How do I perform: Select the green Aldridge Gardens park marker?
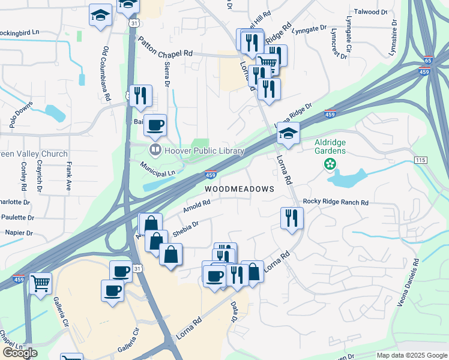[x=329, y=164]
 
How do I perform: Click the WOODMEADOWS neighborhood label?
[x=240, y=188]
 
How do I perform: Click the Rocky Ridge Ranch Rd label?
[x=336, y=203]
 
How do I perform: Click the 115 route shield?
[x=420, y=159]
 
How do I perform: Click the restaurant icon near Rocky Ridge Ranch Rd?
[x=292, y=217]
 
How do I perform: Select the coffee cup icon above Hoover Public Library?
[x=155, y=124]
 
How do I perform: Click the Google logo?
[x=20, y=353]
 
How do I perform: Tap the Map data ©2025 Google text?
[x=411, y=355]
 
